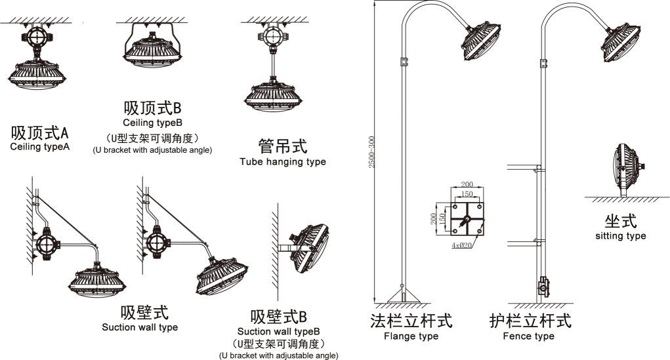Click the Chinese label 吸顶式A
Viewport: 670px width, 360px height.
[x=39, y=133]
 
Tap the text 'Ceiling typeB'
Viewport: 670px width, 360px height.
[x=152, y=123]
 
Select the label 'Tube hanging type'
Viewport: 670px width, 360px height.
[x=282, y=161]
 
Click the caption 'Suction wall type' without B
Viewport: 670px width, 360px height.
[x=140, y=327]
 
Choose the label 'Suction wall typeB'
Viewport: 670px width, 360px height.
[x=278, y=331]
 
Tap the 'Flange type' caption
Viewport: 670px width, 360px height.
[x=411, y=336]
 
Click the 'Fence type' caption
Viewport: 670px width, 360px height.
[x=528, y=336]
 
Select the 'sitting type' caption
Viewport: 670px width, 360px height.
[x=620, y=235]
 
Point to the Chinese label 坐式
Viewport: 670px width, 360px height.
[x=620, y=220]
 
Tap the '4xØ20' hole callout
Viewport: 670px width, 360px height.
[x=463, y=245]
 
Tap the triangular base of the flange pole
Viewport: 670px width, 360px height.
[x=402, y=292]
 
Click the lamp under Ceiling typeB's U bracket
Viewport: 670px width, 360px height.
[x=152, y=52]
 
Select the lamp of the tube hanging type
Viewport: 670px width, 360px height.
[x=271, y=96]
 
